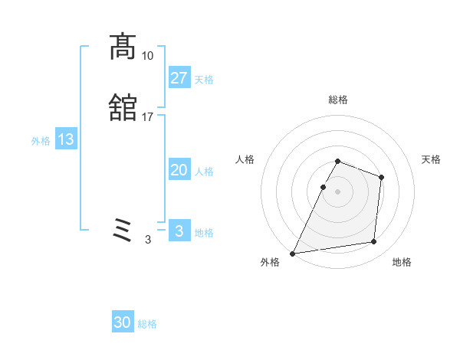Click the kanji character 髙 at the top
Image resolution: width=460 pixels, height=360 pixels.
[x=123, y=47]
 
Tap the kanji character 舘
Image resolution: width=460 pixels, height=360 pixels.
[x=123, y=109]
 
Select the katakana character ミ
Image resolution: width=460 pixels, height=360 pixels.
[x=123, y=230]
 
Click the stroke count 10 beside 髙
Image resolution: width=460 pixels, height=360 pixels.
[x=148, y=56]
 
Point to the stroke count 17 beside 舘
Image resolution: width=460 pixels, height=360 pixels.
[x=148, y=117]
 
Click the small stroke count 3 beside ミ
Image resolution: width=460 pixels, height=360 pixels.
[x=148, y=240]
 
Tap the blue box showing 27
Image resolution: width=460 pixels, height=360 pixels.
[x=179, y=77]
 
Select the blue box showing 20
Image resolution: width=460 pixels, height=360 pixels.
[x=179, y=170]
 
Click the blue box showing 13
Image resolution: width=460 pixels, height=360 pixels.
[x=65, y=139]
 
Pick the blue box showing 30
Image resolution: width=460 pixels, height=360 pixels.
[x=123, y=322]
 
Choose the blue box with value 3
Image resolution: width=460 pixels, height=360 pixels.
[x=179, y=231]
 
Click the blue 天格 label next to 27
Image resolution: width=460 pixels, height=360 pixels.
[x=203, y=80]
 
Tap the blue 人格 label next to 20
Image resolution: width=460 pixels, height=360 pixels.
[x=204, y=172]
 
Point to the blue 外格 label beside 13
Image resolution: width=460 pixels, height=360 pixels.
[x=41, y=141]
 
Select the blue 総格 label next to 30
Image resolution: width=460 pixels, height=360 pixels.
[x=147, y=324]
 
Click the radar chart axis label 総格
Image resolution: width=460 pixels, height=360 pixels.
[x=338, y=100]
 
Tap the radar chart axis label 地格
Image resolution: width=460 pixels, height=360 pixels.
[x=402, y=262]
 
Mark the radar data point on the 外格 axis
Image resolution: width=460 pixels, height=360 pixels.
[x=293, y=254]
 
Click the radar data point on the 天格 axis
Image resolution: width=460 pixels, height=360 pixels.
[x=381, y=177]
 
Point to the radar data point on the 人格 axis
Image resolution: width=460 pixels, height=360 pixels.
[x=323, y=187]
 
